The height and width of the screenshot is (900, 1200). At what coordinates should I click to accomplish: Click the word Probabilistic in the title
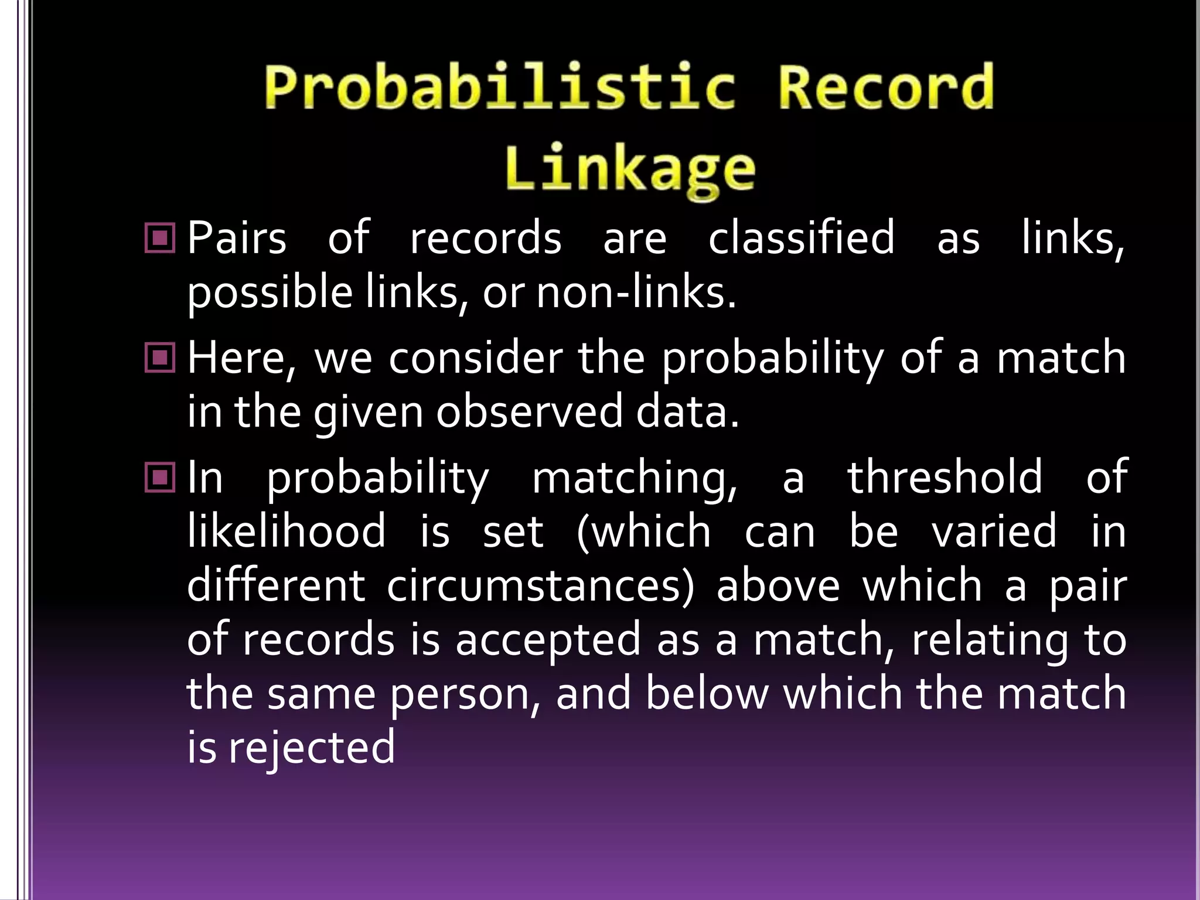click(499, 88)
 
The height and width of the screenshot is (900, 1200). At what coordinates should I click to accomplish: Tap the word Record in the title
click(885, 88)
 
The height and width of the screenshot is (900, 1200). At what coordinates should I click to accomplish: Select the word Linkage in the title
click(630, 169)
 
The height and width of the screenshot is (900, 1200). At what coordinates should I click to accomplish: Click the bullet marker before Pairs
click(159, 238)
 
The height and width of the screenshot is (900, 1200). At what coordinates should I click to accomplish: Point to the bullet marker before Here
click(159, 357)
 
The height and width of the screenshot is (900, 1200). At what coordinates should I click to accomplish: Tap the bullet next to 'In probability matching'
click(159, 477)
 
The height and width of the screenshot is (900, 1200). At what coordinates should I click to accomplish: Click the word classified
click(801, 238)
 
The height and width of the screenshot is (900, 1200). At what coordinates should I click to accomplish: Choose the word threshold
click(945, 477)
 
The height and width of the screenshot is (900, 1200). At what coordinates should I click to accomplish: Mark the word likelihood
click(287, 531)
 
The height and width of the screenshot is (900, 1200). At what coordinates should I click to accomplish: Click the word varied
click(994, 531)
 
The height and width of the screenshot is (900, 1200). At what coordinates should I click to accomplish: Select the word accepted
click(548, 640)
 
